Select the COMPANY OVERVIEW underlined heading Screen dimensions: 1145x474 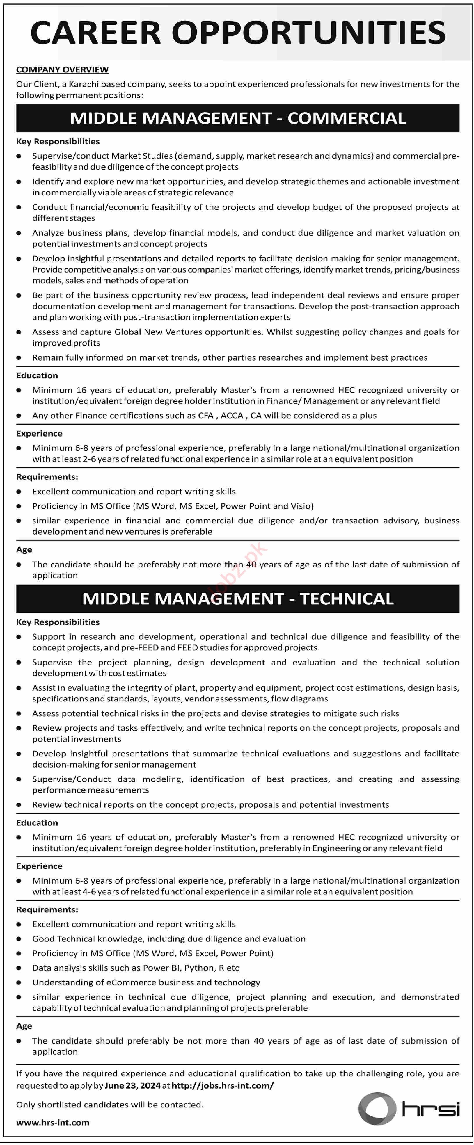[62, 70]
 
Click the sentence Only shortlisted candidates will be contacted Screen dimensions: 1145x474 [110, 1105]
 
